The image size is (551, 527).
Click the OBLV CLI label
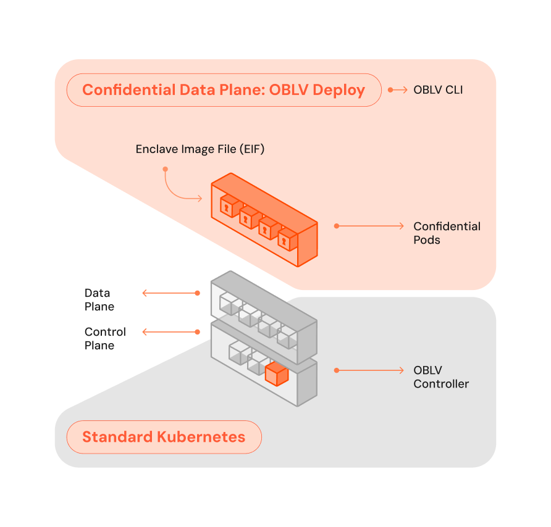[438, 90]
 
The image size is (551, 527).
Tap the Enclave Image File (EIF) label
[200, 149]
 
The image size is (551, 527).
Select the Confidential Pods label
[447, 233]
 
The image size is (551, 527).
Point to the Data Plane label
[99, 299]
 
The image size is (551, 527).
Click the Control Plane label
[105, 338]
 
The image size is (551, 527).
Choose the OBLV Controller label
[441, 377]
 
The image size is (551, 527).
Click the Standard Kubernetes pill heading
[164, 437]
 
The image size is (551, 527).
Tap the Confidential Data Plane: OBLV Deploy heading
[224, 90]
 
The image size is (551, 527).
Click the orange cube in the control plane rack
[277, 375]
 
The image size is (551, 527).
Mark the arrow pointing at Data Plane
[171, 293]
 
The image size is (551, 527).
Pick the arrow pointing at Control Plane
[171, 332]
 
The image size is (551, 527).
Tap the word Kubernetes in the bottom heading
[201, 437]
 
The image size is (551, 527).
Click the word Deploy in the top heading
[339, 91]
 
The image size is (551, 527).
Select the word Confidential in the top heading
[129, 90]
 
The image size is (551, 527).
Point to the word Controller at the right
[441, 384]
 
